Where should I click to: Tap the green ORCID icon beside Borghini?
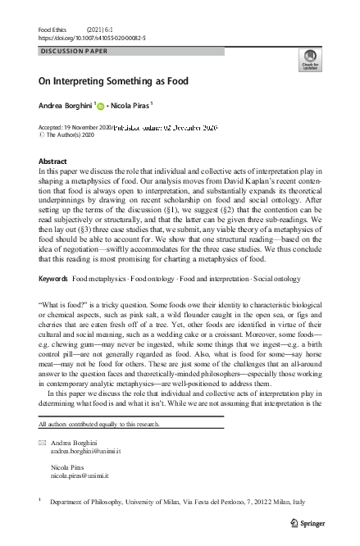tap(102, 106)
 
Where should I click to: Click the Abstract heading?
tap(52, 162)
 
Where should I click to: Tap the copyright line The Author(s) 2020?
tap(75, 135)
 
